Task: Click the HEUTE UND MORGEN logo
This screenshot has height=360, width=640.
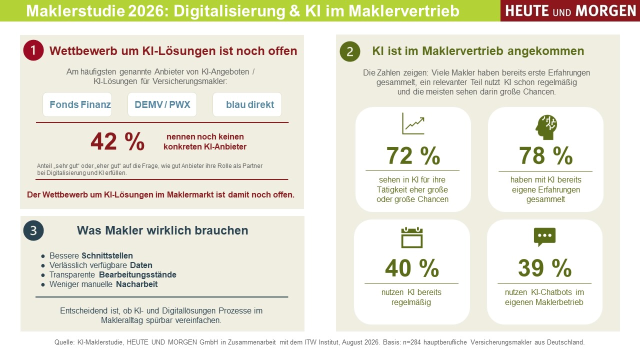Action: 570,10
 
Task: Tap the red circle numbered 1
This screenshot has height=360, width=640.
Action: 33,50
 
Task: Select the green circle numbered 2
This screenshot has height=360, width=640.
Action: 350,51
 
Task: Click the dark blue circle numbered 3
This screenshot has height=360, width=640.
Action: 33,230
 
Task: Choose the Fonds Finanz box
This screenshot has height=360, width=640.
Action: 77,104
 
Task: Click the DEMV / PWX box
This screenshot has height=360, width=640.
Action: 162,104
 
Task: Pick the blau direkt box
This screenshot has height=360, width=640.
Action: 247,104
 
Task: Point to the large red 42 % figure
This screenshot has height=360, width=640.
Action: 117,141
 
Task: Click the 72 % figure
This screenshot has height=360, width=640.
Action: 413,155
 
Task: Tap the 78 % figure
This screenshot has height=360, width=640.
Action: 545,155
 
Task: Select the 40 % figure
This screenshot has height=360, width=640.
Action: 411,268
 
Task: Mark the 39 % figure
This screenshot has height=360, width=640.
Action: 544,268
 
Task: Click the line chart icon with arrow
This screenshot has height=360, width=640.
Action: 413,123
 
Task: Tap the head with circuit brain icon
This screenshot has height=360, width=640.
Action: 546,127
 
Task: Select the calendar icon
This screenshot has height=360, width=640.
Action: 411,237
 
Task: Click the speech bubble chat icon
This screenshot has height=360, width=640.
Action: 544,237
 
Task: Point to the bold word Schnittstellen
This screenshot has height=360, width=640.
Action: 107,255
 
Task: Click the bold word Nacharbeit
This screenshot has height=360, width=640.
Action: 137,284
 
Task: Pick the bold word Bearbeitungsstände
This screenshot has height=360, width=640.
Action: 137,275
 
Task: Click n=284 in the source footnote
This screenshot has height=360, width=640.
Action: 411,342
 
